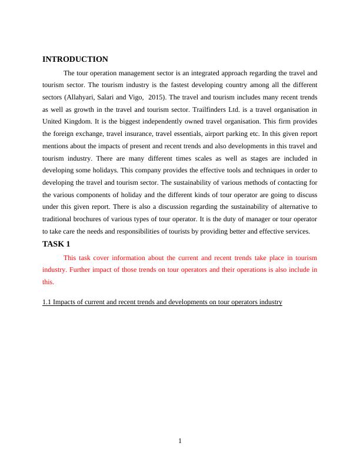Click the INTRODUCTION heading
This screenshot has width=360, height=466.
(x=75, y=59)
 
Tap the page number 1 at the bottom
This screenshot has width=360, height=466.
(x=180, y=442)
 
